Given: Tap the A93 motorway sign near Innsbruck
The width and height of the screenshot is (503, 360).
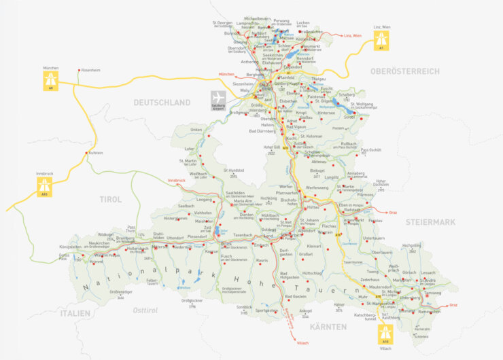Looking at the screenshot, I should coord(45,185).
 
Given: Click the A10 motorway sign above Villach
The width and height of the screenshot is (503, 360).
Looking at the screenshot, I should coord(385,333).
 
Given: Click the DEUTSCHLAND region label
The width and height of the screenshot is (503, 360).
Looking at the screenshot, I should coord(162,103).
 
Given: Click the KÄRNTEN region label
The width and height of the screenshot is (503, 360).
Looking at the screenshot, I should coord(328,327).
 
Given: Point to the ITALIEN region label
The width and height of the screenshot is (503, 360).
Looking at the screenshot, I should coord(74,313).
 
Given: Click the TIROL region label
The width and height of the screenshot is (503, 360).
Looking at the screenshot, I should coord(110,200).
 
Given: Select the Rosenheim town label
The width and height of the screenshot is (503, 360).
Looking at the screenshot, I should coord(90,70).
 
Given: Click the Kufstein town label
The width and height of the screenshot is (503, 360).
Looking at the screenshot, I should coord(94,154).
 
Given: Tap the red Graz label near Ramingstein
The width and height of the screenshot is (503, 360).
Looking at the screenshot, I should coord(453,305).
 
